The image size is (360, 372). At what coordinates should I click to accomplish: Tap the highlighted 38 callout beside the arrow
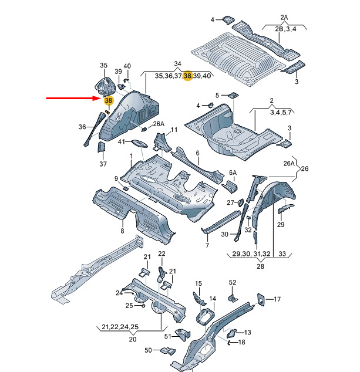coord(109,100)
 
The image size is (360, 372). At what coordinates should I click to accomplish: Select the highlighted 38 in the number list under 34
coord(187,76)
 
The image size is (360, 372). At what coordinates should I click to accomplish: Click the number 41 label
coord(122,142)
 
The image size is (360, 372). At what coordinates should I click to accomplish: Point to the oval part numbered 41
coord(140,143)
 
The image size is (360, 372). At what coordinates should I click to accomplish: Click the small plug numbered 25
coord(143,305)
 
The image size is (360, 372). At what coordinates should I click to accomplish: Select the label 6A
coord(233,173)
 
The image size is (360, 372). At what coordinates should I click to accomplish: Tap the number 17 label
coord(277,299)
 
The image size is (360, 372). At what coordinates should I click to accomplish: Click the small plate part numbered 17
coord(261,300)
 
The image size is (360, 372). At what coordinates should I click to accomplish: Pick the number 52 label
coord(233,282)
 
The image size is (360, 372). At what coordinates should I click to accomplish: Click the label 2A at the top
coord(284,18)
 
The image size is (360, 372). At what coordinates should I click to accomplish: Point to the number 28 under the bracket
coord(260,266)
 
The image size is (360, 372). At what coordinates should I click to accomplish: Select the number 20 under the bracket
coord(133,339)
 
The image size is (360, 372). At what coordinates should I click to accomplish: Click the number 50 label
coord(148,350)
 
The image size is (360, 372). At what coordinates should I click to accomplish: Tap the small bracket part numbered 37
coord(102,147)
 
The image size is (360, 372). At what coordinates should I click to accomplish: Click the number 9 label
coord(116,178)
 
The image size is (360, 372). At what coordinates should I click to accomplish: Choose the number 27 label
coord(230,202)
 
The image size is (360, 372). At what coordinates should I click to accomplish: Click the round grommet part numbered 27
coord(240,202)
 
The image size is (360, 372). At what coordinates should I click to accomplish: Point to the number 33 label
coord(282,254)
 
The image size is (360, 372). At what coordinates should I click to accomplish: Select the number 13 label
coord(247,332)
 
